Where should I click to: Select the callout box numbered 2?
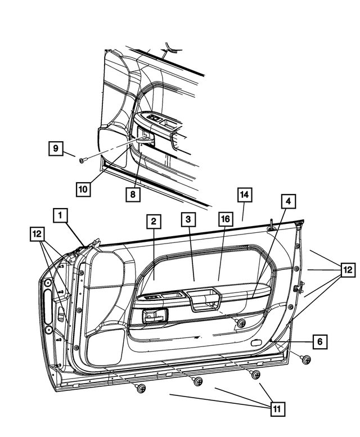(x=152, y=221)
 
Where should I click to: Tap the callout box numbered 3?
(x=189, y=220)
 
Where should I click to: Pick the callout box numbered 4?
(x=287, y=201)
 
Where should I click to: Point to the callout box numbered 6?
(x=319, y=341)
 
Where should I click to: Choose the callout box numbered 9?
(x=55, y=148)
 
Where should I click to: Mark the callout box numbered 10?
(x=83, y=189)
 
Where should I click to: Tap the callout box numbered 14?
(x=244, y=195)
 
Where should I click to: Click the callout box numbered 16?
(x=225, y=220)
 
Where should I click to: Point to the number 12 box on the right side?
(x=348, y=270)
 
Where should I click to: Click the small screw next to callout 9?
(x=83, y=160)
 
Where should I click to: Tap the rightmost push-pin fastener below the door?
(x=306, y=360)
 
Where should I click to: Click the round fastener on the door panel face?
(x=241, y=323)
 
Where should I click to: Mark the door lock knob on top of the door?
(x=271, y=225)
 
